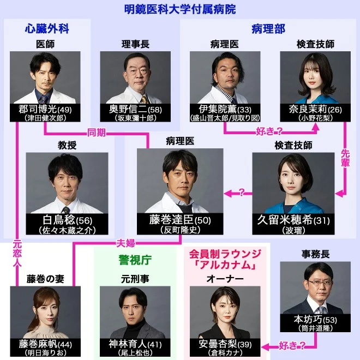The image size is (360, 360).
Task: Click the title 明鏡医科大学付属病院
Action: pos(179,9)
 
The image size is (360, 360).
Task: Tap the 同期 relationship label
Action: pos(98,133)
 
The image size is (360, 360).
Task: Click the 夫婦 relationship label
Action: pos(127,242)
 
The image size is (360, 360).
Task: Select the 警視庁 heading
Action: pos(134,260)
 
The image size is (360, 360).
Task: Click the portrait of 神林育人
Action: pos(135,311)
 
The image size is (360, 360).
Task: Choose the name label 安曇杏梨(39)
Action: pos(224,345)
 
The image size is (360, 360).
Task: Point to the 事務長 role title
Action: pos(315,254)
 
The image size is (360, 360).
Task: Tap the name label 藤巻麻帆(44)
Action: pos(45,345)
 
